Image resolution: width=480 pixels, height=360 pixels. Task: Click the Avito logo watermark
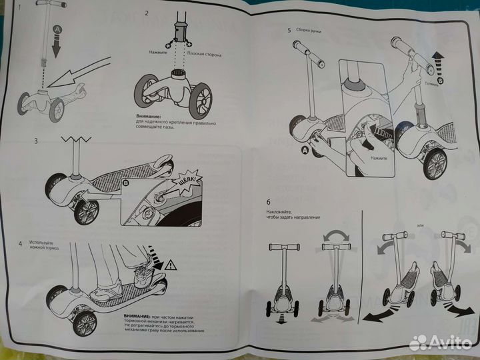pos(439,342)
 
